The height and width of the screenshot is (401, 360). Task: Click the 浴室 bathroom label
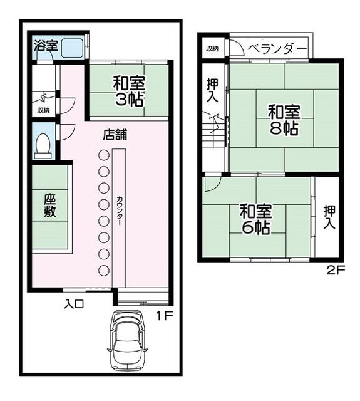pos(46,46)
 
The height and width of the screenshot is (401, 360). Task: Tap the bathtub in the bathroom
pos(72,48)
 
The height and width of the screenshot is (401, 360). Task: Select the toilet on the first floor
pos(43,146)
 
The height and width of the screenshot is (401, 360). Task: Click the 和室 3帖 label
pos(129,91)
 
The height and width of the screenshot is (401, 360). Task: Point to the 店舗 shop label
pos(115,135)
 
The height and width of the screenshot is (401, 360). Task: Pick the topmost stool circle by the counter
pos(104,155)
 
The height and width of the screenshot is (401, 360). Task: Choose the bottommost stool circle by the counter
pos(104,271)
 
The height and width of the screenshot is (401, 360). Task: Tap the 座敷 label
pos(49,206)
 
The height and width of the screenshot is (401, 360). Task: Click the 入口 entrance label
pos(74,305)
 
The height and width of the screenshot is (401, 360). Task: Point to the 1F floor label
pos(165,316)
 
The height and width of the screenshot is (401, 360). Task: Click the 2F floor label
pos(336,270)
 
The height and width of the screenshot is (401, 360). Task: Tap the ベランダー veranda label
pos(277,49)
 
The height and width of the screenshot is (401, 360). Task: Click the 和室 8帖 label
pos(284,120)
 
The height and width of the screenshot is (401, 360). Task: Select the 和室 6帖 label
pos(255,219)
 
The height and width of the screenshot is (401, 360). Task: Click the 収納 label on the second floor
pos(212,49)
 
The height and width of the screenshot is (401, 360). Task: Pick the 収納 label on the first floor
pos(44,110)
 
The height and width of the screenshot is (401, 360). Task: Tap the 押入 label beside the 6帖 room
pos(329,217)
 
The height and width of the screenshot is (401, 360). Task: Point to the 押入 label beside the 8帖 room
pos(212,90)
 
